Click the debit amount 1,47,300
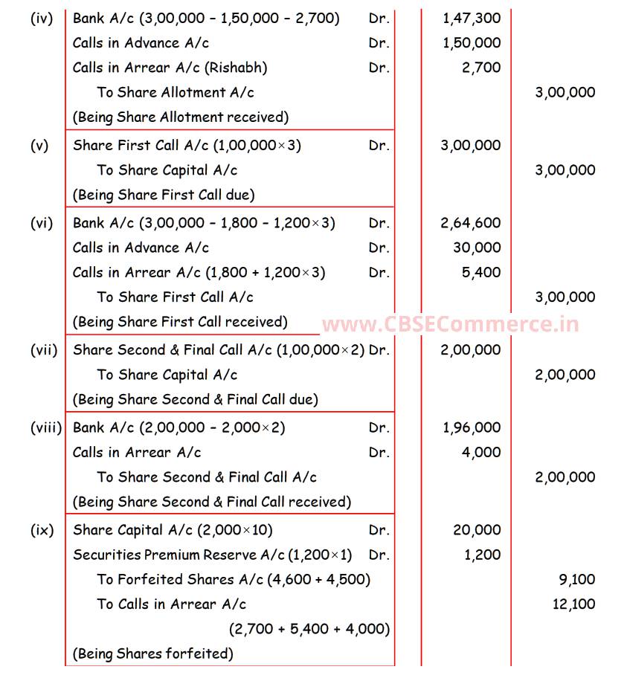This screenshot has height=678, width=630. (471, 19)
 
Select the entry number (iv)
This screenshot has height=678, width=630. (42, 19)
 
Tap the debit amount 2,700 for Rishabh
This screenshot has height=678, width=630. (481, 68)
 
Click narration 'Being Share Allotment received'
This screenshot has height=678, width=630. (180, 117)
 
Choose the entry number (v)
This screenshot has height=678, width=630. (39, 146)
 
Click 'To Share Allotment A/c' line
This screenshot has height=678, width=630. (176, 92)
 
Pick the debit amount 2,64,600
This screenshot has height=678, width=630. (471, 223)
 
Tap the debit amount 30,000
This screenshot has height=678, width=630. (477, 248)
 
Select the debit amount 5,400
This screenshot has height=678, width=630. (481, 273)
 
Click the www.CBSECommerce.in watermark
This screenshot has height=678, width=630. (450, 324)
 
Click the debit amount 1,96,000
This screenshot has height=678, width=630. (471, 428)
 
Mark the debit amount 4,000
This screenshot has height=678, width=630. (481, 453)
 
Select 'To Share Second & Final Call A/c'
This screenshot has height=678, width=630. (207, 477)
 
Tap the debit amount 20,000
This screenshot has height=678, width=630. (477, 530)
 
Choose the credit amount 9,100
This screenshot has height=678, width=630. (577, 580)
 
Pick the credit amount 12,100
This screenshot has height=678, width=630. (573, 604)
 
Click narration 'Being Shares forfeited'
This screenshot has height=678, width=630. (152, 654)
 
